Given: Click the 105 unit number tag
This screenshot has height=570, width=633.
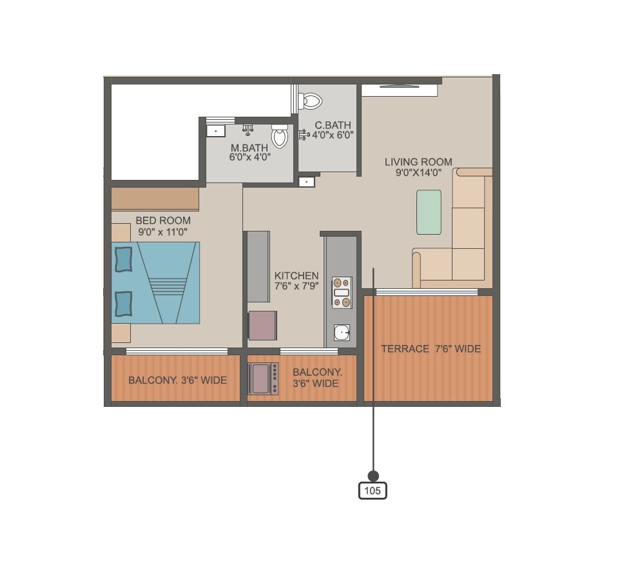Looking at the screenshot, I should [373, 491].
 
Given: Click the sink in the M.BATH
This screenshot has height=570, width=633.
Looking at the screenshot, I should [215, 132].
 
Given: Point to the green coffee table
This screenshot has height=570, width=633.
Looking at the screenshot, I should [429, 212].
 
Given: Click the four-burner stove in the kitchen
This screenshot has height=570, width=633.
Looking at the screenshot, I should [342, 291].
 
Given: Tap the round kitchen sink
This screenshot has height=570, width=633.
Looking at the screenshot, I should [342, 333].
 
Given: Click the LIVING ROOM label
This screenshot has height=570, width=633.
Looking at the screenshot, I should [418, 162].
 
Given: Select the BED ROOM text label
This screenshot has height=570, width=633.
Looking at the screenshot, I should [163, 221].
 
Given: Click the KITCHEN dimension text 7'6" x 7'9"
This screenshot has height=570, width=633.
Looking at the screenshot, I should [297, 286].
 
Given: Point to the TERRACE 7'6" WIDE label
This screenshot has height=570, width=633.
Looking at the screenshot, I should [431, 349].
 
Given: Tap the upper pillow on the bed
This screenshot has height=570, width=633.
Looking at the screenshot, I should [123, 259].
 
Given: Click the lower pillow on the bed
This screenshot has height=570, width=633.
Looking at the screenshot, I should [123, 303].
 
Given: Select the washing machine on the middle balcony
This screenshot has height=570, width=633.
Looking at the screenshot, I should [264, 378].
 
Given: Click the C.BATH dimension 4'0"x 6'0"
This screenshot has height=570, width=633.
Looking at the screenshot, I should [333, 135].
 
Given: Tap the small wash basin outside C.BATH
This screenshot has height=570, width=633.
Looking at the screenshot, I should [307, 182].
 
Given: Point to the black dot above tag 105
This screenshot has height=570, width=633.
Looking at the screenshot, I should [373, 476].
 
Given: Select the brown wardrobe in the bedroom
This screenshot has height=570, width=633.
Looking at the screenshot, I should [155, 199].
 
